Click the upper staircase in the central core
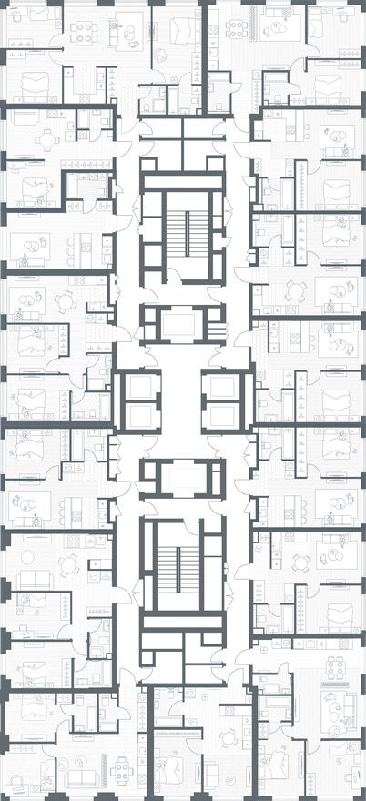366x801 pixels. [182, 233]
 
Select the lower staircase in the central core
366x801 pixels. [182, 565]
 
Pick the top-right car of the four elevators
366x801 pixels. [222, 388]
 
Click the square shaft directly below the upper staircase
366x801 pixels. [182, 323]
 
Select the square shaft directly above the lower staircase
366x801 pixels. [182, 477]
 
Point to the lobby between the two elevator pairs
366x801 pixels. [182, 401]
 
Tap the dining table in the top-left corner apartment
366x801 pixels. [84, 32]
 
